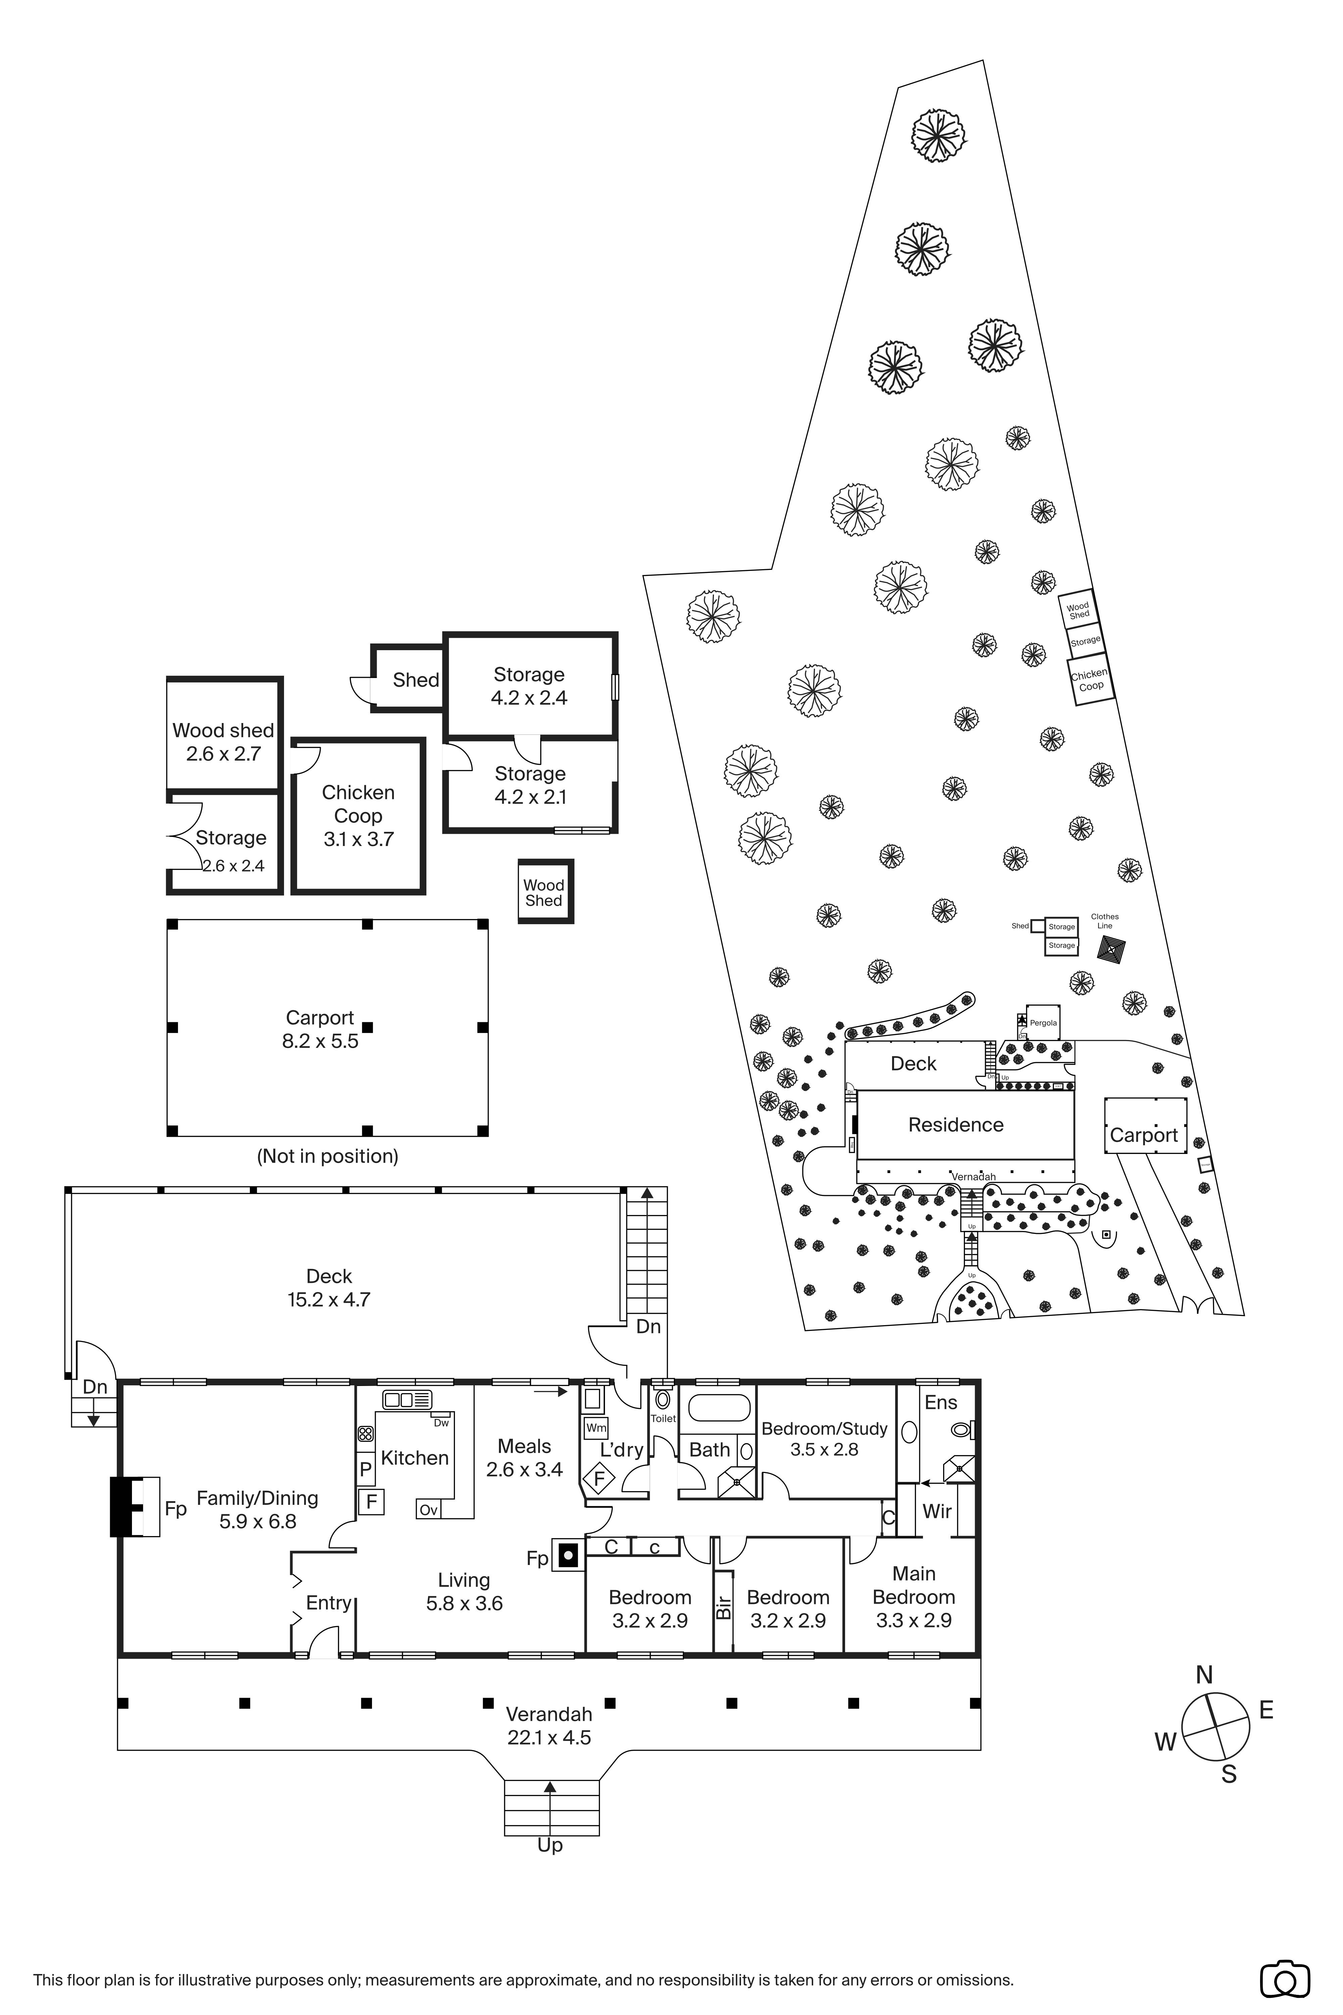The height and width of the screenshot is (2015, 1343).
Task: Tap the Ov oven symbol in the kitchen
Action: point(428,1510)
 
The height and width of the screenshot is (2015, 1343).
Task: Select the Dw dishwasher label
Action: point(441,1423)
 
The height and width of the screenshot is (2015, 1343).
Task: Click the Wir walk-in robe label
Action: point(937,1511)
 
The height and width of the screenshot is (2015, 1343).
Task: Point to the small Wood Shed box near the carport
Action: point(545,892)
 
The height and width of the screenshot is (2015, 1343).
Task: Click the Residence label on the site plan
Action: point(956,1125)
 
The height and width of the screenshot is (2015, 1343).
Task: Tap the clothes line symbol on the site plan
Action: point(1111,949)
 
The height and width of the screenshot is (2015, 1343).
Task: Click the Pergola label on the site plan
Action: point(1043,1023)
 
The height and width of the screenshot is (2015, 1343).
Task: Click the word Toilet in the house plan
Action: point(663,1419)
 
